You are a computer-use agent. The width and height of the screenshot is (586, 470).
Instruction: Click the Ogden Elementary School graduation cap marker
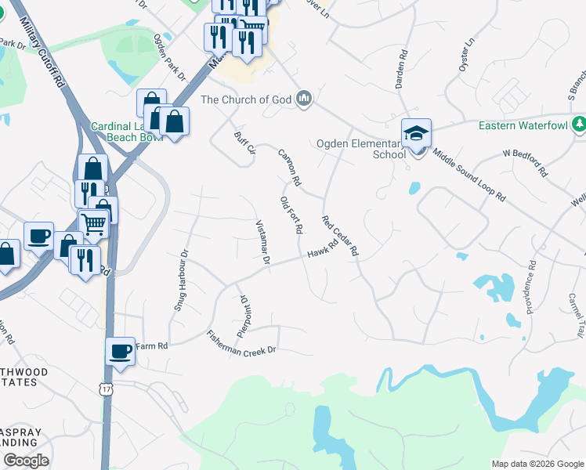[417, 132]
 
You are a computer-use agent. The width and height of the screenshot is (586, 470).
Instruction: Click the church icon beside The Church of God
[304, 99]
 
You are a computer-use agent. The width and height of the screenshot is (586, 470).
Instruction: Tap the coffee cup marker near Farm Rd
[120, 351]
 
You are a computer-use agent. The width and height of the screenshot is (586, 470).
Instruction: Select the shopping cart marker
[93, 224]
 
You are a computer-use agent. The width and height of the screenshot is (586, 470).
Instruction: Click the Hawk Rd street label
[322, 249]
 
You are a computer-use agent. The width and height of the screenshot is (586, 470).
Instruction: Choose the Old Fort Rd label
[291, 215]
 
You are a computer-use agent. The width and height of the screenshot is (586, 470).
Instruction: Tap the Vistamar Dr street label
[263, 242]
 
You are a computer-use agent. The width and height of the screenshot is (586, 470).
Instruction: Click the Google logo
[26, 461]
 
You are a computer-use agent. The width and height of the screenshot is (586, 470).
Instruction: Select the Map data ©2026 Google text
[537, 464]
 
